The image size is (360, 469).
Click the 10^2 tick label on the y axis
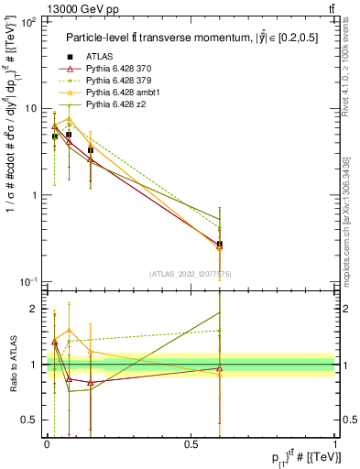pos(27,22)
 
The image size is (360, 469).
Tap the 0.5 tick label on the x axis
pos(191,443)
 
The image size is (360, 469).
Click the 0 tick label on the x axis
pos(47,443)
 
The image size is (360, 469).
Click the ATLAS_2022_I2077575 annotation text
pos(190,275)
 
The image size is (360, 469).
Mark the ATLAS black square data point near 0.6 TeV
pos(220,245)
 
